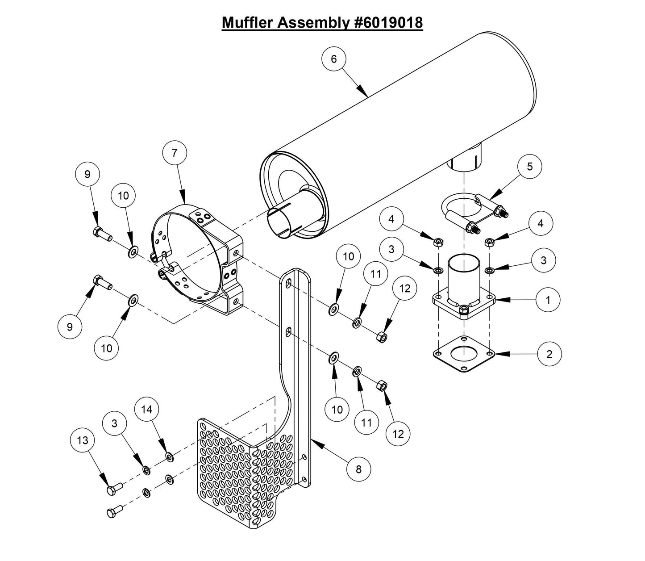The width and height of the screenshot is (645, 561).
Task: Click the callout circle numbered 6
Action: [334, 59]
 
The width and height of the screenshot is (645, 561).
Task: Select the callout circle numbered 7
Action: [175, 152]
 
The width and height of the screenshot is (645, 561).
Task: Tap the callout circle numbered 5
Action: [529, 167]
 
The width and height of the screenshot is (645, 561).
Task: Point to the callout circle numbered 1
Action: [548, 300]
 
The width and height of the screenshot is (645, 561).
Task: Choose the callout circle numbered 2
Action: [549, 354]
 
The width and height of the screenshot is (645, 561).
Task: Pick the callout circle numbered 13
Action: [83, 440]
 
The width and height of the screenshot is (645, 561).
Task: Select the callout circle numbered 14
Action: [147, 410]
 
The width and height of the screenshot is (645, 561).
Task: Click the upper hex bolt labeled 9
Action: [102, 233]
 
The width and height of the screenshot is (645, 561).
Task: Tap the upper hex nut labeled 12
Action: [382, 336]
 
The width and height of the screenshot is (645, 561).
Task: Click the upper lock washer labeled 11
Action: [358, 322]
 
